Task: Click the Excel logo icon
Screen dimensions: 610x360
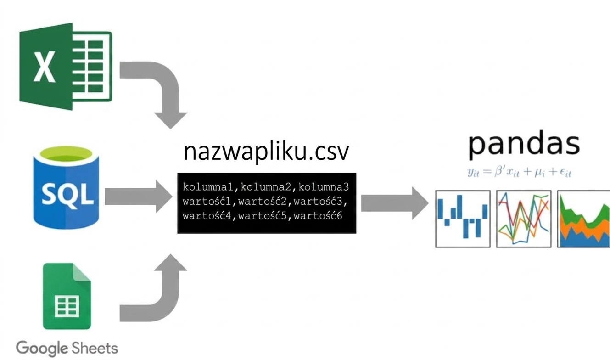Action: click(x=65, y=67)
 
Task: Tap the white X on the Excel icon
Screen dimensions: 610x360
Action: click(x=45, y=67)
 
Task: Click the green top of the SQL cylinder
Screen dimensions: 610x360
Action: click(x=66, y=154)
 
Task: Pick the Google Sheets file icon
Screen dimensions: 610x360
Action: click(x=67, y=296)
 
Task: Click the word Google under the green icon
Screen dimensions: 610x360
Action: click(x=42, y=348)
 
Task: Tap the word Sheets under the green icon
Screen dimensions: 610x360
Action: click(x=95, y=348)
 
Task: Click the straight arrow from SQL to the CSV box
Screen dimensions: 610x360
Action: click(x=138, y=196)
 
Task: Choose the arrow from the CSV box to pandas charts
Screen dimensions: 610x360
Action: click(x=395, y=203)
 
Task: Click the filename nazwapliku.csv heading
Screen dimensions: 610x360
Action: click(x=266, y=152)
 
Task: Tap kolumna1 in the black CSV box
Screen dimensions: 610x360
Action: click(x=208, y=187)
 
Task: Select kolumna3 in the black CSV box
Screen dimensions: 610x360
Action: click(x=324, y=187)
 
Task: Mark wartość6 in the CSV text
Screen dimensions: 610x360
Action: click(x=318, y=216)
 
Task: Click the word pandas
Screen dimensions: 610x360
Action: click(x=524, y=144)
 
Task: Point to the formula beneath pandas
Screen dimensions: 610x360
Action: click(x=519, y=172)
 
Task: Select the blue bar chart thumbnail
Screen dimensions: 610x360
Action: click(x=463, y=219)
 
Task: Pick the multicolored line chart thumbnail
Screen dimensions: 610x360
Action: click(x=524, y=219)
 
